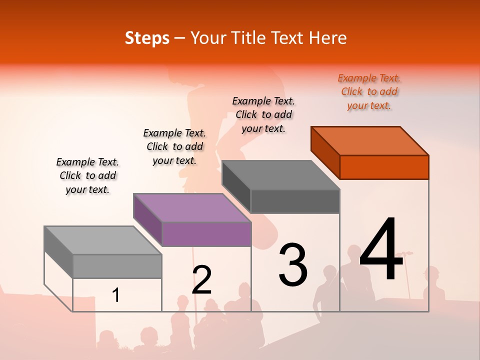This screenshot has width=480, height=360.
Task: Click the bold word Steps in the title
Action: coord(147,38)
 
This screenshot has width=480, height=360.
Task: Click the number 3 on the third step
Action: coord(293,264)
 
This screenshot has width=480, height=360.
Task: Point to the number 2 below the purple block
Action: coord(201,280)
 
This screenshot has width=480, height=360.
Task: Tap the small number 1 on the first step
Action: coord(116,295)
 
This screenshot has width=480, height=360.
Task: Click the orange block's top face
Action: coord(370,140)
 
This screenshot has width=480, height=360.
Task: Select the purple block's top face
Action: coord(192,207)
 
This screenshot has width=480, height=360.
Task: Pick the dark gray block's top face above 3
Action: coord(281,175)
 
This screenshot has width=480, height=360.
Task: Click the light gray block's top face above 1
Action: coord(103,240)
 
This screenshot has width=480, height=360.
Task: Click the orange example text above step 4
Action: coord(369,91)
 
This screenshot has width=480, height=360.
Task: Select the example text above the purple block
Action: coord(174,146)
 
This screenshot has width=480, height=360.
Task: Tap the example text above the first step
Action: coord(87,175)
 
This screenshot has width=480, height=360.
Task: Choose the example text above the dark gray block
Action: coord(263,114)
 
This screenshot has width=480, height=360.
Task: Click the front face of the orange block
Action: coord(384,167)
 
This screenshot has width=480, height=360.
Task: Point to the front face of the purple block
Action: coord(206,234)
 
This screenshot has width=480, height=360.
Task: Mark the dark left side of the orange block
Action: coord(325,152)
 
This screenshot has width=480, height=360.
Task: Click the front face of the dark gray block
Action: coord(295,201)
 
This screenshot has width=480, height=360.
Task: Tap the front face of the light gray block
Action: coord(117,266)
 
